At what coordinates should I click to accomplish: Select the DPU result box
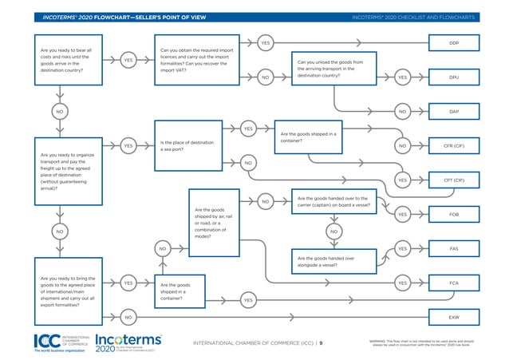tap(453, 77)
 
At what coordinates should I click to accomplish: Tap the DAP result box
tap(453, 112)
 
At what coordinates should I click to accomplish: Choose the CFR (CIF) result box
tap(453, 146)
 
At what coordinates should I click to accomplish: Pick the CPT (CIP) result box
tap(453, 180)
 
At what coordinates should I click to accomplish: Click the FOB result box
tap(453, 215)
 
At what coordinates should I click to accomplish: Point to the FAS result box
tap(453, 248)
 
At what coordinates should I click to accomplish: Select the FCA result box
tap(453, 283)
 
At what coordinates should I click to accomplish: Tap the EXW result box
tap(453, 317)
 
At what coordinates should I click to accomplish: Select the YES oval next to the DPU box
tap(402, 77)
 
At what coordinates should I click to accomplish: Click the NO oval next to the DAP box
tap(402, 112)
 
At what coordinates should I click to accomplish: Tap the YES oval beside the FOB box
tap(402, 215)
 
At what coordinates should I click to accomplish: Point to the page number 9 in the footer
tap(322, 343)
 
